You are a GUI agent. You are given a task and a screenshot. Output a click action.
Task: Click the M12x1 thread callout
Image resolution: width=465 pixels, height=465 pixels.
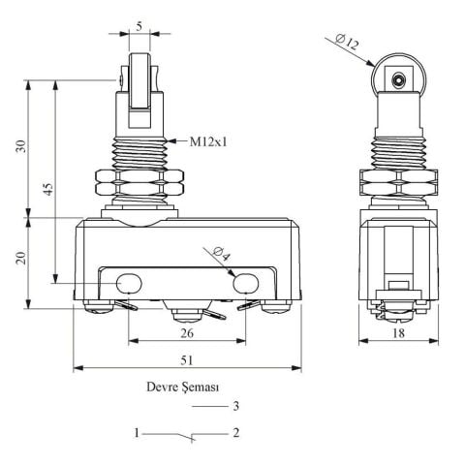click(x=208, y=141)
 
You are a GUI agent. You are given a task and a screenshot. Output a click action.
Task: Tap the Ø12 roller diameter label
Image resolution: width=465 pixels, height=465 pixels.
click(x=347, y=42)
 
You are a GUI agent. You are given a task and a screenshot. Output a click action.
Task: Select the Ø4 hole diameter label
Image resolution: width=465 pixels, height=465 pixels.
click(x=222, y=254)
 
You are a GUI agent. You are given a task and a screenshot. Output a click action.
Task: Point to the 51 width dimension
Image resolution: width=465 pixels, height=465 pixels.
click(x=187, y=359)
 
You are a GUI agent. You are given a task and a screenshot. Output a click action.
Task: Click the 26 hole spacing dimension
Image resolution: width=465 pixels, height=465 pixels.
click(x=187, y=333)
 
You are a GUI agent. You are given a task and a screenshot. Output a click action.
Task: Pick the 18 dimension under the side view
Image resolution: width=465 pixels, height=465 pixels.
click(x=398, y=333)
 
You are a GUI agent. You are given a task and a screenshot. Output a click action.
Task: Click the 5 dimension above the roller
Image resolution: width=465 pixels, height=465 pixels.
click(x=139, y=26)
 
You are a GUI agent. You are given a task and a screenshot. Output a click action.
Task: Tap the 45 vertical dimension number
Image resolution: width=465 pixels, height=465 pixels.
click(x=47, y=189)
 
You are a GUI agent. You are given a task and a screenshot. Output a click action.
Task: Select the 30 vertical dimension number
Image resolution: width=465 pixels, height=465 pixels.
click(x=21, y=146)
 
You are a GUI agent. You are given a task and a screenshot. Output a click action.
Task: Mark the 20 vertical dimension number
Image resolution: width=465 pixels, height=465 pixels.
click(x=21, y=258)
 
